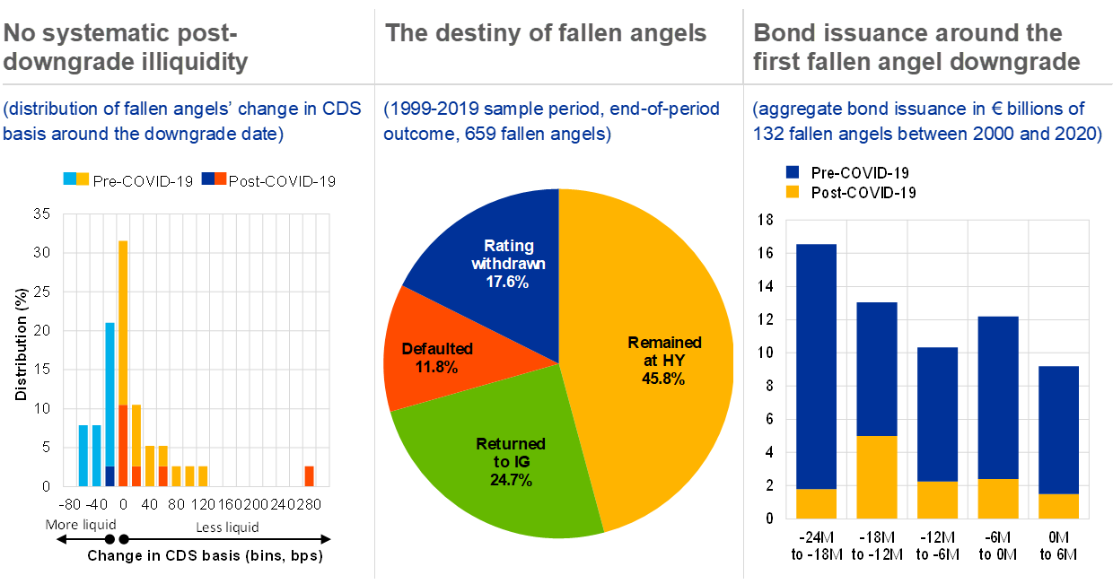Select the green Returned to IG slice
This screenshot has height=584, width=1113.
click(503, 466)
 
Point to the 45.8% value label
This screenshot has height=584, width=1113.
click(663, 379)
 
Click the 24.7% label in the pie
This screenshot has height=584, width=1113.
click(511, 480)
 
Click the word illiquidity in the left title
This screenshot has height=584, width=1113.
click(194, 62)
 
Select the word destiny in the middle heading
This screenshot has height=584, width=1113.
click(478, 34)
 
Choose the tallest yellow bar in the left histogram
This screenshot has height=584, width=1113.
click(124, 323)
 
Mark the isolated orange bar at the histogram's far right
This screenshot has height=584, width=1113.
click(309, 475)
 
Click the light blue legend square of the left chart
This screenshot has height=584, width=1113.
click(69, 179)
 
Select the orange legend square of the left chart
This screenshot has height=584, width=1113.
click(221, 179)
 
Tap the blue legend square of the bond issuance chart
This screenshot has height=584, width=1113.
click(792, 171)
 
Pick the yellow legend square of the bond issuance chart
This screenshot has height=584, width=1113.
click(792, 191)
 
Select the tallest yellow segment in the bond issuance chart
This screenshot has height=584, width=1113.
click(877, 476)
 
